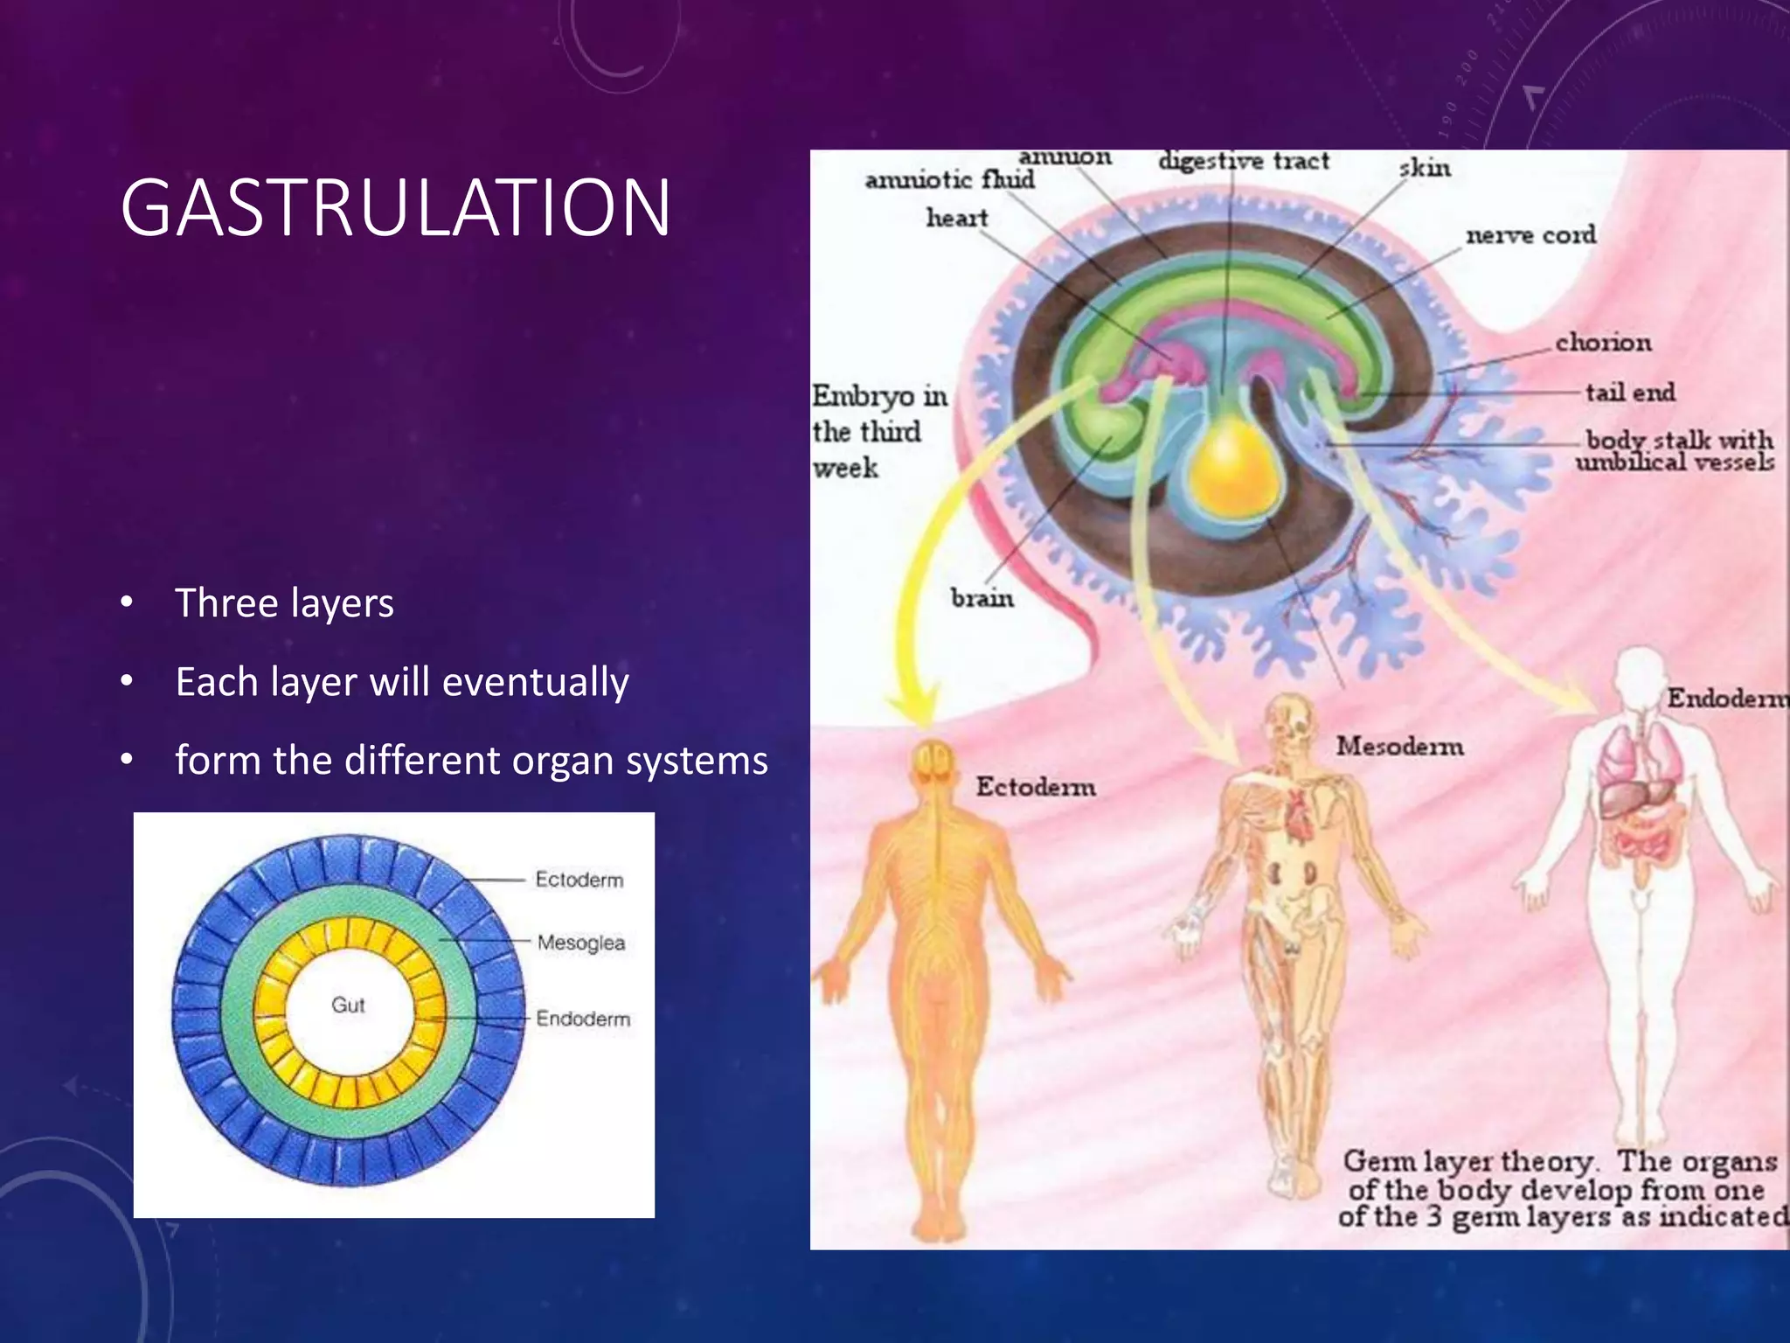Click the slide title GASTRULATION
[x=395, y=208]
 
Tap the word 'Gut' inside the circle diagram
[x=348, y=1005]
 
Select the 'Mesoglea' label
[x=581, y=943]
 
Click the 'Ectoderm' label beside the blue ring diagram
[x=579, y=879]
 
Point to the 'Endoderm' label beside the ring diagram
[x=583, y=1019]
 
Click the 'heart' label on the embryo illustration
[x=957, y=218]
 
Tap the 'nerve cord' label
[x=1530, y=235]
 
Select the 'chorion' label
[x=1603, y=342]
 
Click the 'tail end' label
[x=1630, y=393]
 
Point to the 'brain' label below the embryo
[x=982, y=598]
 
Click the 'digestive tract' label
[x=1243, y=162]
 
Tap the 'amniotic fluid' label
[x=949, y=180]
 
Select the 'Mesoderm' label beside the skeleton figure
[x=1399, y=746]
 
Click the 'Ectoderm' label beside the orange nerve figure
[x=1035, y=787]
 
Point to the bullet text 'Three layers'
[x=284, y=603]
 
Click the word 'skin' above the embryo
[x=1425, y=168]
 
